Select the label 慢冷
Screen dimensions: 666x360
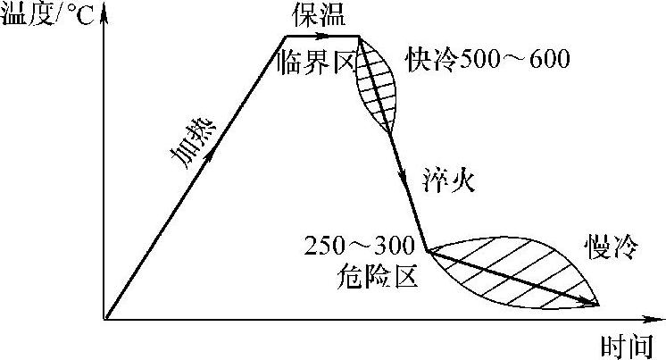[612, 247]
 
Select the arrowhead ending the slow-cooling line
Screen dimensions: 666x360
[593, 305]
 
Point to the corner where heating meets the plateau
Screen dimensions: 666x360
[285, 37]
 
